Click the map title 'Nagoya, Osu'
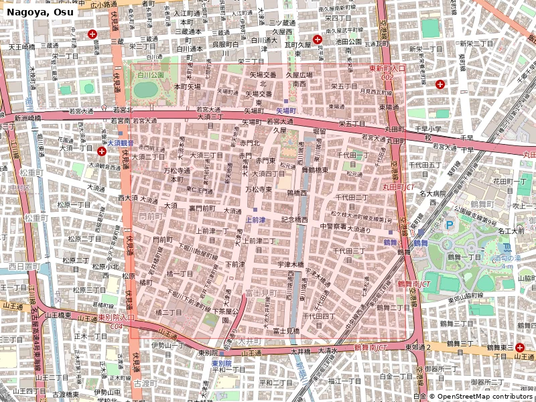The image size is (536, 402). tap(38, 11)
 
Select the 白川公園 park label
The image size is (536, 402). tap(151, 75)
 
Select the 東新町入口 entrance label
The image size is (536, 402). tap(387, 68)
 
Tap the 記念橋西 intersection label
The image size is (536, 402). tap(295, 219)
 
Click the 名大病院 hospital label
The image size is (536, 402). tap(433, 194)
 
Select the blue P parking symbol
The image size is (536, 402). tap(450, 225)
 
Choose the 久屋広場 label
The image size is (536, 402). tap(299, 75)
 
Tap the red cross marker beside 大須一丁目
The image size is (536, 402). tap(102, 152)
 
